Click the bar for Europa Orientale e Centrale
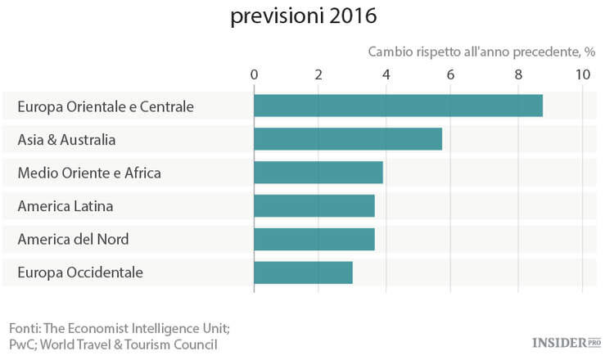(398, 106)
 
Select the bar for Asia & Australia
(348, 139)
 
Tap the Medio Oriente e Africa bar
(318, 173)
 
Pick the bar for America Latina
(314, 205)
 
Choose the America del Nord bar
(314, 239)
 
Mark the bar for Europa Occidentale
(303, 272)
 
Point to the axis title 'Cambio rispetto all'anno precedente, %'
(481, 52)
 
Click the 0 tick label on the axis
(254, 74)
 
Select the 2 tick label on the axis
(319, 74)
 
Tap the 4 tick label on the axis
(386, 74)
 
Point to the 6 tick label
(451, 74)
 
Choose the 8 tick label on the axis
(517, 74)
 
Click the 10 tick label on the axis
(582, 74)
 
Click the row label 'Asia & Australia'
(66, 140)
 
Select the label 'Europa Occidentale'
(80, 272)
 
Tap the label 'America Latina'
(65, 206)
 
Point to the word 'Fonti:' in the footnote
(25, 328)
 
